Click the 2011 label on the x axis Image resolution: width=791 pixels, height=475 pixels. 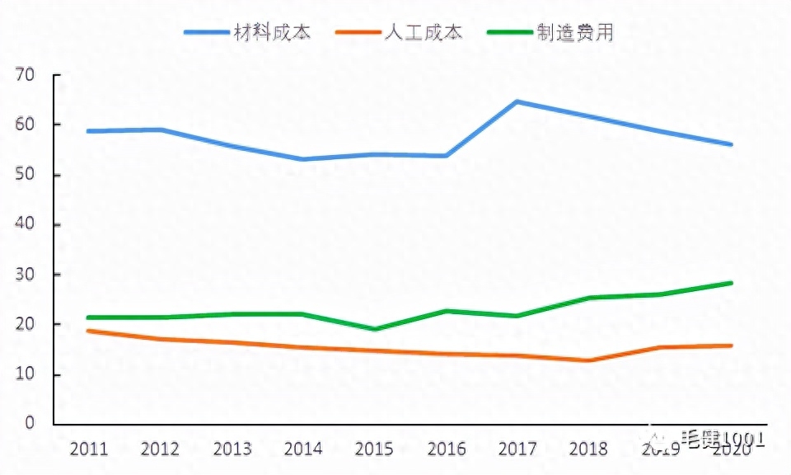(89, 449)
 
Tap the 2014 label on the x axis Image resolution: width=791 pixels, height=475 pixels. (303, 449)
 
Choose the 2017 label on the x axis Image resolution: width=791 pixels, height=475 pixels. (517, 449)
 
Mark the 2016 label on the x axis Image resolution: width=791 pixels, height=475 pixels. (447, 449)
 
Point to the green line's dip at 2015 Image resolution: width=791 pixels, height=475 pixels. (374, 329)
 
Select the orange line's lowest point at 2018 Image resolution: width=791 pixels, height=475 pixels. (588, 360)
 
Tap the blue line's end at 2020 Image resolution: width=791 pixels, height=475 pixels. (731, 144)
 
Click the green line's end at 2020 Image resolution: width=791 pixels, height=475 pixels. (731, 283)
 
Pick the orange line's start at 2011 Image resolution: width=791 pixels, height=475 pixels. (88, 331)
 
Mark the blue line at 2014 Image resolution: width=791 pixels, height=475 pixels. (302, 159)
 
